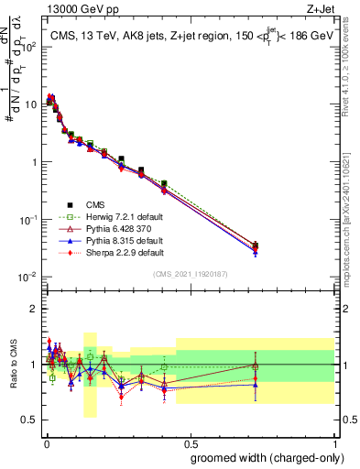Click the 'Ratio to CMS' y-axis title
coord(13,364)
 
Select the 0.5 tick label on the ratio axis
coord(31,420)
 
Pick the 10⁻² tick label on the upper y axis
coord(29,277)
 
